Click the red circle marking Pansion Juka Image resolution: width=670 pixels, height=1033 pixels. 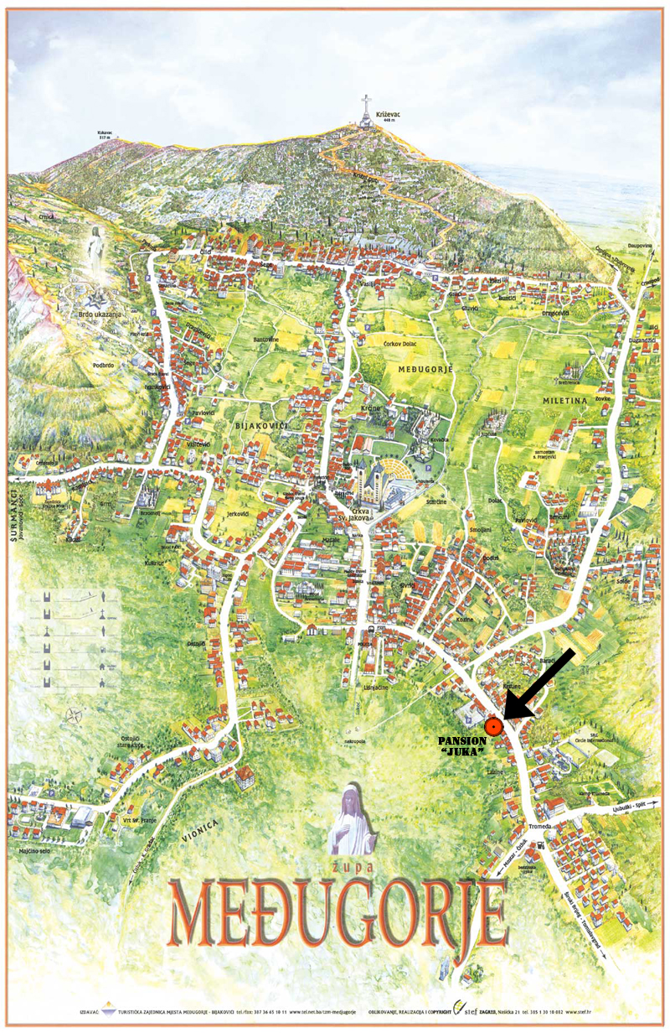[494, 726]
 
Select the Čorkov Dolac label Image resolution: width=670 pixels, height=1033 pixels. [400, 343]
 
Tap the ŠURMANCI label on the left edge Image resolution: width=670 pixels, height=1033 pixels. [15, 516]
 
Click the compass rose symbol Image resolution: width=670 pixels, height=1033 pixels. [74, 716]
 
